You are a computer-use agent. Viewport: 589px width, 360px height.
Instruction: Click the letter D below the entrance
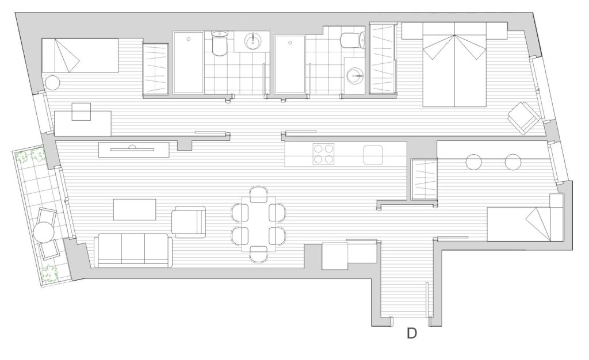(x=412, y=334)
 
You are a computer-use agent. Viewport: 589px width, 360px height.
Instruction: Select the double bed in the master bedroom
(x=455, y=64)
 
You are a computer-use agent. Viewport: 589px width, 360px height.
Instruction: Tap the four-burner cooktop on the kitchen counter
(x=324, y=154)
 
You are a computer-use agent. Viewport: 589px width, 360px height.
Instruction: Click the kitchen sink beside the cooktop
(x=373, y=155)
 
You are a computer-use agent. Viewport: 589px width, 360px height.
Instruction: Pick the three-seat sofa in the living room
(x=133, y=250)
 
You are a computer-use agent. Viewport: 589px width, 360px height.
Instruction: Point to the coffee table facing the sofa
(x=135, y=209)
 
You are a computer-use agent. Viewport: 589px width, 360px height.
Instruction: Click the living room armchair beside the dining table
(x=189, y=222)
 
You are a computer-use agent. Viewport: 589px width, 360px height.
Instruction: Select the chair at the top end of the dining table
(x=258, y=194)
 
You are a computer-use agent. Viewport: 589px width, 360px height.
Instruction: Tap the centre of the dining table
(x=258, y=224)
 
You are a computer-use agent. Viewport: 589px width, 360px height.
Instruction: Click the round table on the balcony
(x=44, y=233)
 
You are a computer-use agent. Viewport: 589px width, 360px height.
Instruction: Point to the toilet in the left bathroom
(x=219, y=43)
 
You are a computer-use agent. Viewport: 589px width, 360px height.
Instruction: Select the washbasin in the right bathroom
(x=354, y=76)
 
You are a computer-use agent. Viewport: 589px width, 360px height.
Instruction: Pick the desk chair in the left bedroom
(x=81, y=112)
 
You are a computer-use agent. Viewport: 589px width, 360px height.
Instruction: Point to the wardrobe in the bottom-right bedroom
(x=424, y=179)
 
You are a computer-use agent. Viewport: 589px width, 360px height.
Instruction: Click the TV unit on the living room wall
(x=133, y=150)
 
